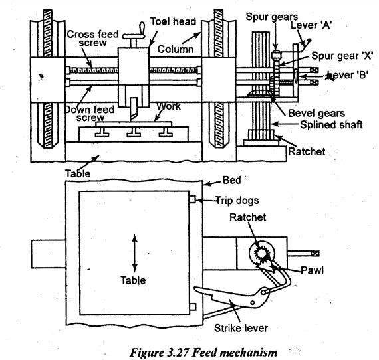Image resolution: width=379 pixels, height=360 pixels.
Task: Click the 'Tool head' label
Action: (x=173, y=21)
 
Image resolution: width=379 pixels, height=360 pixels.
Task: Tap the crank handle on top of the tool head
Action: (x=134, y=35)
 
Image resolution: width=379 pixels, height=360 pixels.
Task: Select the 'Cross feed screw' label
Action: (x=93, y=38)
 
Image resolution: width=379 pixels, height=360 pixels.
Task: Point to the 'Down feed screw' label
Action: (x=89, y=114)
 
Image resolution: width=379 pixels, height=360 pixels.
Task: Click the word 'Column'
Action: (x=176, y=49)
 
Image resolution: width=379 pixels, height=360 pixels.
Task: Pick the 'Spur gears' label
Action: (x=272, y=17)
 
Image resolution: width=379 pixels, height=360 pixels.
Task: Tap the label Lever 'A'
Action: (x=311, y=25)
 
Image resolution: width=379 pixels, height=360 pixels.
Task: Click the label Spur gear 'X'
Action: (x=342, y=56)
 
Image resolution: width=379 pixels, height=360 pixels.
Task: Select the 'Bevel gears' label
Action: (x=316, y=113)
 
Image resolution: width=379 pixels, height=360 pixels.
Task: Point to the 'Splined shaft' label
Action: (x=331, y=125)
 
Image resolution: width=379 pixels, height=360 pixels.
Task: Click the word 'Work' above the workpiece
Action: (x=168, y=106)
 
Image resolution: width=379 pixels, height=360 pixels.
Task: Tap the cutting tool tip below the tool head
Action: (x=132, y=119)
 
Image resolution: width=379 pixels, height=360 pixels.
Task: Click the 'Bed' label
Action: (x=231, y=180)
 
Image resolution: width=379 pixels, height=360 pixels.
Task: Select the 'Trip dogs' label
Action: (x=237, y=201)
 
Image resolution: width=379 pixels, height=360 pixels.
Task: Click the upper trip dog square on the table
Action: (x=192, y=199)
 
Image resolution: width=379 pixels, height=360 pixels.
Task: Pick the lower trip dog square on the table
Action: (x=193, y=307)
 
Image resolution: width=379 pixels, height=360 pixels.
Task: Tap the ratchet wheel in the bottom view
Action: (x=261, y=253)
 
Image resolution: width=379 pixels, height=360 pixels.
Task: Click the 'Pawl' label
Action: (x=312, y=270)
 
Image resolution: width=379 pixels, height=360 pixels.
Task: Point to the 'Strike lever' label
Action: (x=241, y=328)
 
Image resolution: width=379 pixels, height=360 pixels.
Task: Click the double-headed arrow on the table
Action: (x=134, y=253)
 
